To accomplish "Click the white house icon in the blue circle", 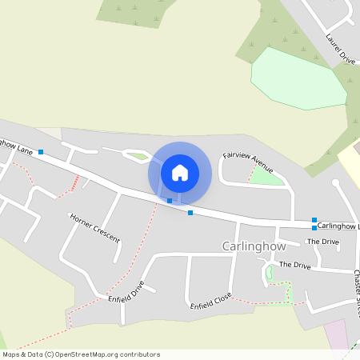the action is (180, 172).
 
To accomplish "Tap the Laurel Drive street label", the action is (340, 49).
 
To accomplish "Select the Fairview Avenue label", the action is (248, 161).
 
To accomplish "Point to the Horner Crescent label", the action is (94, 228).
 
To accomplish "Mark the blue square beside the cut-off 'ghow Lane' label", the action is (40, 152).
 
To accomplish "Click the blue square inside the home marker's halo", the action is (170, 200).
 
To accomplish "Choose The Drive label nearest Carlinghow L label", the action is (323, 241).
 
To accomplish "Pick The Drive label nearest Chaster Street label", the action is (295, 265).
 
